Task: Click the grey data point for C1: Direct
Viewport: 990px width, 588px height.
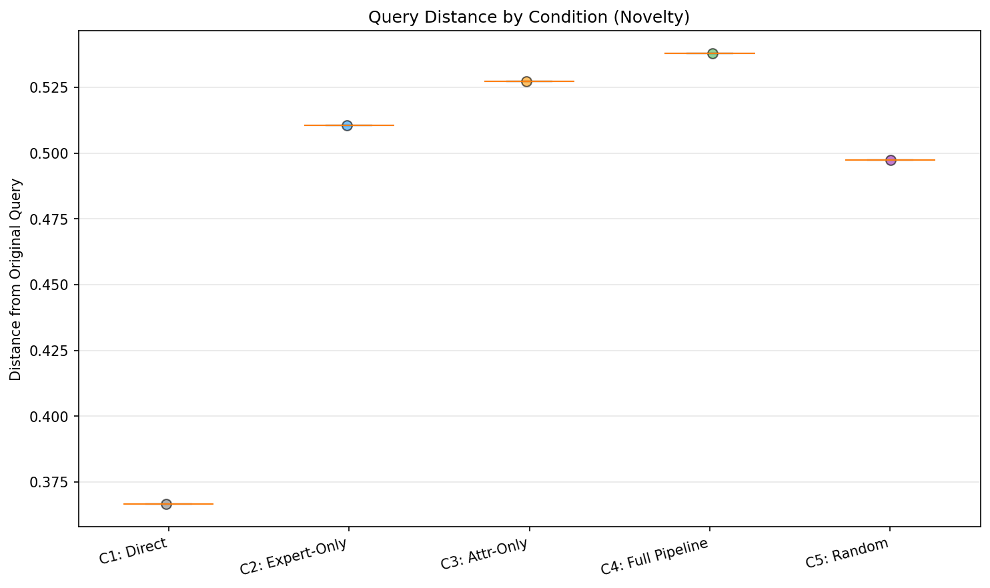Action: pos(166,504)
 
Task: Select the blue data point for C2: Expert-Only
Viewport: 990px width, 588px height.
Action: pos(347,125)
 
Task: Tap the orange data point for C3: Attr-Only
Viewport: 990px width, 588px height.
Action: pos(526,81)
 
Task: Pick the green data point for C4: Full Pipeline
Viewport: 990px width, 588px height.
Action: pos(712,53)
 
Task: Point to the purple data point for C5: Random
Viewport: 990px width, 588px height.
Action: pos(891,160)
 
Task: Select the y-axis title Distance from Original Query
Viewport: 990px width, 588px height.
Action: pos(15,280)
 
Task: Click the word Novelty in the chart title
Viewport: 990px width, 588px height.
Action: pos(657,17)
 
